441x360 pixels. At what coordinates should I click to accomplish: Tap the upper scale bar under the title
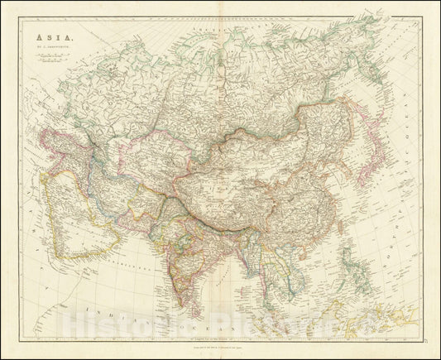[48, 55]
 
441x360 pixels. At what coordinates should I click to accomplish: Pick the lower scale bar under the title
[48, 60]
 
